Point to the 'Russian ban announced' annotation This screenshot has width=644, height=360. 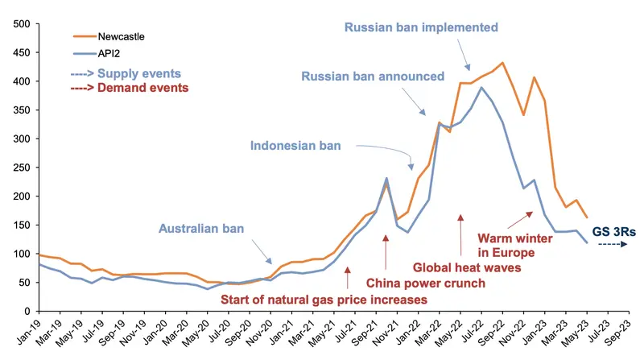point(373,77)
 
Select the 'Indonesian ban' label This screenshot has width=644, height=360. point(295,147)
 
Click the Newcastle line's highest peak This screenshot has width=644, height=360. point(502,63)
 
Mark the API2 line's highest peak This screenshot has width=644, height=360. point(481,88)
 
